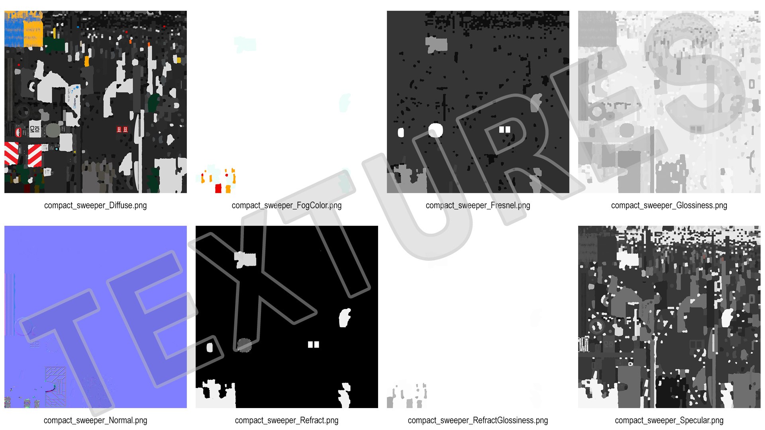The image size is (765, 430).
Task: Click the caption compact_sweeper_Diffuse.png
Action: pyautogui.click(x=95, y=205)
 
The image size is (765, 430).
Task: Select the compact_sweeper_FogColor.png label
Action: pyautogui.click(x=286, y=205)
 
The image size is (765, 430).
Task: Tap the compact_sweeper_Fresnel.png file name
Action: pyautogui.click(x=478, y=205)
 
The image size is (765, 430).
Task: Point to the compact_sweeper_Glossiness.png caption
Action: pyautogui.click(x=669, y=205)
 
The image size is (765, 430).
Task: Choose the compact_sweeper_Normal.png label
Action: pyautogui.click(x=95, y=420)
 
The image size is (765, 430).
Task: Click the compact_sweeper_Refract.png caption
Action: pyautogui.click(x=286, y=420)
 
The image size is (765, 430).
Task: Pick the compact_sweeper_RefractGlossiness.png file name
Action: pyautogui.click(x=478, y=420)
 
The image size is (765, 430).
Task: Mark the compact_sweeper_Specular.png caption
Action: pyautogui.click(x=669, y=420)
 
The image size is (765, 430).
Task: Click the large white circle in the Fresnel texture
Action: pyautogui.click(x=435, y=130)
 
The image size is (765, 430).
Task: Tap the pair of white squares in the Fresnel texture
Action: pyautogui.click(x=505, y=129)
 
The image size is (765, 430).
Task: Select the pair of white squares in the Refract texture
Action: pyautogui.click(x=314, y=344)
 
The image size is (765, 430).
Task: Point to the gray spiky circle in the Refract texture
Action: pyautogui.click(x=244, y=345)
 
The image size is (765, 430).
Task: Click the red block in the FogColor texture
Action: pyautogui.click(x=218, y=188)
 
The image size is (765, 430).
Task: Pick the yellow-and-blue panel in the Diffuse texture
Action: pyautogui.click(x=24, y=29)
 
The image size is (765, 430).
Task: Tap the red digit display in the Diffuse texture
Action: pyautogui.click(x=122, y=129)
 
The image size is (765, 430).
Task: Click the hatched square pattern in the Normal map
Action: pyautogui.click(x=55, y=387)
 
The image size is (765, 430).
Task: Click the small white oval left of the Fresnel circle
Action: pyautogui.click(x=401, y=133)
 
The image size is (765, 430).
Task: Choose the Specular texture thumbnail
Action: pyautogui.click(x=669, y=317)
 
